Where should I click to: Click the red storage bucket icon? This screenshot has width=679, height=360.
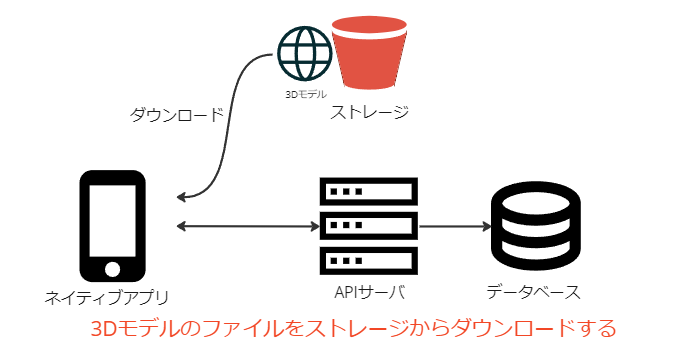(x=369, y=53)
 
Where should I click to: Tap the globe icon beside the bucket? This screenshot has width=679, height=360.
(x=304, y=53)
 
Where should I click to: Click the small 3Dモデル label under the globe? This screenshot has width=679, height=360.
(x=306, y=94)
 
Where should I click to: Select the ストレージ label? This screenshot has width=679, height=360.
(x=369, y=112)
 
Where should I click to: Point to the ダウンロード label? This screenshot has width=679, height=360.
(x=176, y=115)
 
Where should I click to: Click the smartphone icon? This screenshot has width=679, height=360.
(x=112, y=226)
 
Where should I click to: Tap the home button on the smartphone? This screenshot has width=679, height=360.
(x=112, y=269)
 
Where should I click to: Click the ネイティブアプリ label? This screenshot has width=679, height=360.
(x=107, y=298)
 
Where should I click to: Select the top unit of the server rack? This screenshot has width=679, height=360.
(x=369, y=191)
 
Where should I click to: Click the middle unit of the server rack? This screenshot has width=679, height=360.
(x=369, y=226)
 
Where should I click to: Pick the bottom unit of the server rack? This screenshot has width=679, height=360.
(x=369, y=261)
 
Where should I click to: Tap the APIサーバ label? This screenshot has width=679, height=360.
(x=370, y=292)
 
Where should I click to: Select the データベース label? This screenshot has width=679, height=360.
(x=533, y=292)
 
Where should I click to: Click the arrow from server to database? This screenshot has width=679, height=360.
(x=455, y=226)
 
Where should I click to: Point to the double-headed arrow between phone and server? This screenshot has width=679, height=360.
(x=248, y=226)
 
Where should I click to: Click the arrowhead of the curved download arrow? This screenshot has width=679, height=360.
(x=181, y=198)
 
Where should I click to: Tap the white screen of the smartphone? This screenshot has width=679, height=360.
(x=112, y=221)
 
